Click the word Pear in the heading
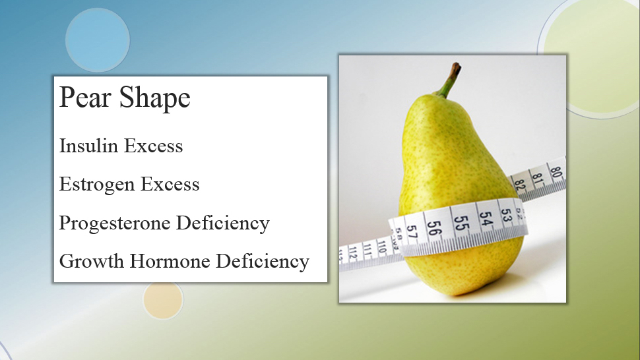pyautogui.click(x=85, y=97)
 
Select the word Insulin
pyautogui.click(x=88, y=146)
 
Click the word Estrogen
pyautogui.click(x=97, y=185)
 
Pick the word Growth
pyautogui.click(x=92, y=261)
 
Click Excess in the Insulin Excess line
pyautogui.click(x=153, y=146)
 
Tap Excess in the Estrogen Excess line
pyautogui.click(x=170, y=184)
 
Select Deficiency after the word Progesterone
pyautogui.click(x=223, y=224)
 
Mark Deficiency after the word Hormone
pyautogui.click(x=262, y=262)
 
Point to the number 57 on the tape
pyautogui.click(x=412, y=231)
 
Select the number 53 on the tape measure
pyautogui.click(x=505, y=215)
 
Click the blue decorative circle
pyautogui.click(x=98, y=40)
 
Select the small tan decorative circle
pyautogui.click(x=163, y=299)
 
